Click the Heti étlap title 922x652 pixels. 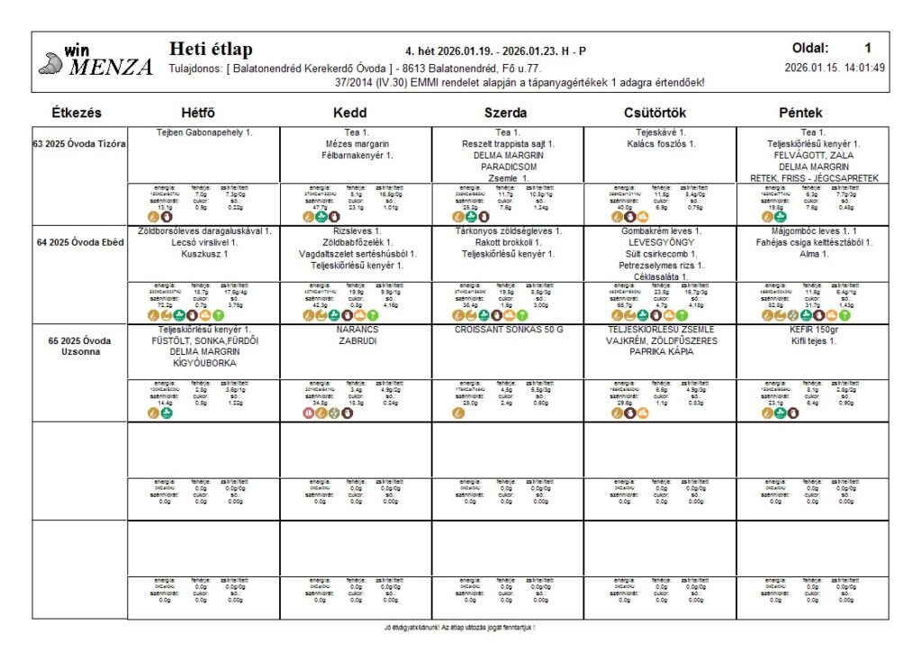(211, 50)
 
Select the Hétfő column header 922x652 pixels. (198, 113)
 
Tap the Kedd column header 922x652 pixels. (349, 113)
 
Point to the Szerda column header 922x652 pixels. (505, 113)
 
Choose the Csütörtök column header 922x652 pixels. (659, 113)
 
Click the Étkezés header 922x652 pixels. (77, 113)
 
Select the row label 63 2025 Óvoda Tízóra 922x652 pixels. (80, 144)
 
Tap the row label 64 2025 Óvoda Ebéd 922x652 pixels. (80, 242)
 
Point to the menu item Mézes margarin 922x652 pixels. (357, 144)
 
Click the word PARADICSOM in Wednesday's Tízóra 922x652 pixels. (508, 167)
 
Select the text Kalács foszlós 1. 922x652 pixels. (660, 144)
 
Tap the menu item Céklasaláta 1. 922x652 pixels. (660, 276)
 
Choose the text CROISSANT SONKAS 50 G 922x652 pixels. (508, 331)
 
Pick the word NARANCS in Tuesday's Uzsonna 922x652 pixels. (356, 331)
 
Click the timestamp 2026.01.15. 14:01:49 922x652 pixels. (834, 68)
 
